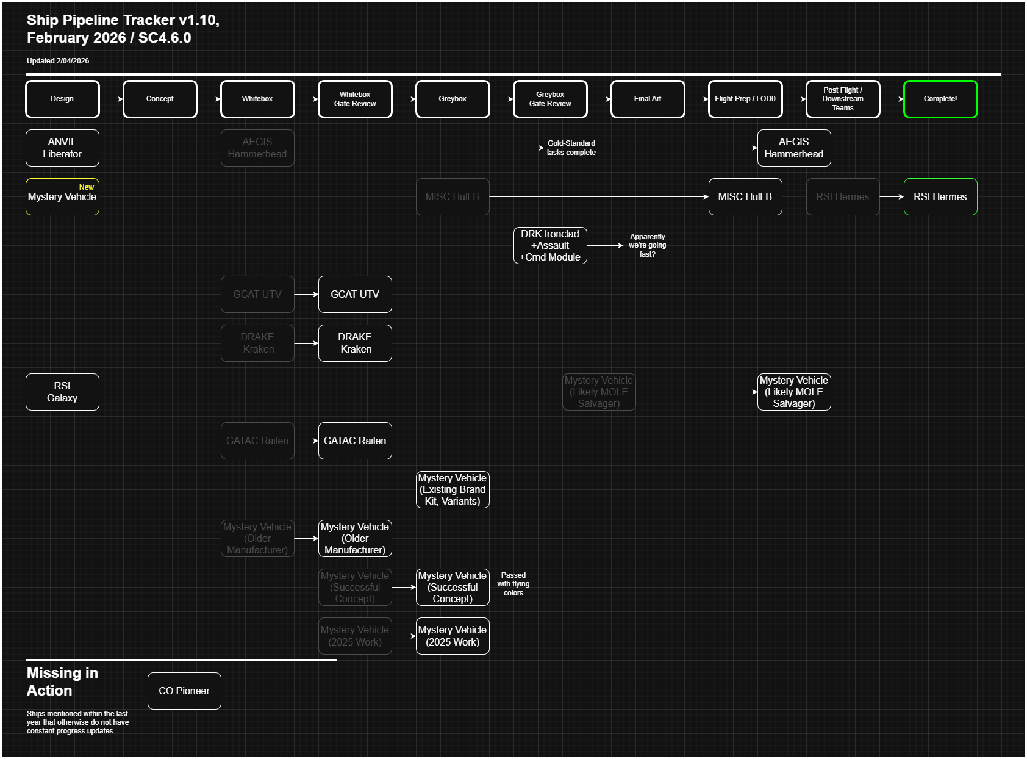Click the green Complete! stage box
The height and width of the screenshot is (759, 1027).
940,99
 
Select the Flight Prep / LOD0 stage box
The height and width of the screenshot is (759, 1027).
745,99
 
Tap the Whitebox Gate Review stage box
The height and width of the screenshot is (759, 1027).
354,99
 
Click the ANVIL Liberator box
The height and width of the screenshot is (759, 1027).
62,148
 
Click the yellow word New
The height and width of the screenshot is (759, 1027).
87,187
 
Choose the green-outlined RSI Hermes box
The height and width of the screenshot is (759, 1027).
940,196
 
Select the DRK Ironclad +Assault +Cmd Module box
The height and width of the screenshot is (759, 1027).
549,245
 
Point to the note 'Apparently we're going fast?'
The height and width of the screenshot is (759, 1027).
647,245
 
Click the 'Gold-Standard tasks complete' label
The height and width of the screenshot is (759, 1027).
571,148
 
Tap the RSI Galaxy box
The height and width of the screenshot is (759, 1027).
62,392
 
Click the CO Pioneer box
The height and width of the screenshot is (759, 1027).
184,691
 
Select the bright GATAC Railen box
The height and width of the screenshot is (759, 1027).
354,441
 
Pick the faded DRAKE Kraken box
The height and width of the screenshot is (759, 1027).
257,343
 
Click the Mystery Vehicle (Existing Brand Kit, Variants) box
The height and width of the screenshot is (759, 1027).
452,489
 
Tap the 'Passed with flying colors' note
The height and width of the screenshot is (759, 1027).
513,584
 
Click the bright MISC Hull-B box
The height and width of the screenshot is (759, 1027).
745,196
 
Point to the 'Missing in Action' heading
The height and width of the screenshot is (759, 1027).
62,682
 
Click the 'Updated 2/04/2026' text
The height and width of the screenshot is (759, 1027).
58,61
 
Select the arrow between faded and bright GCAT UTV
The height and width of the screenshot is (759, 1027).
306,294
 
